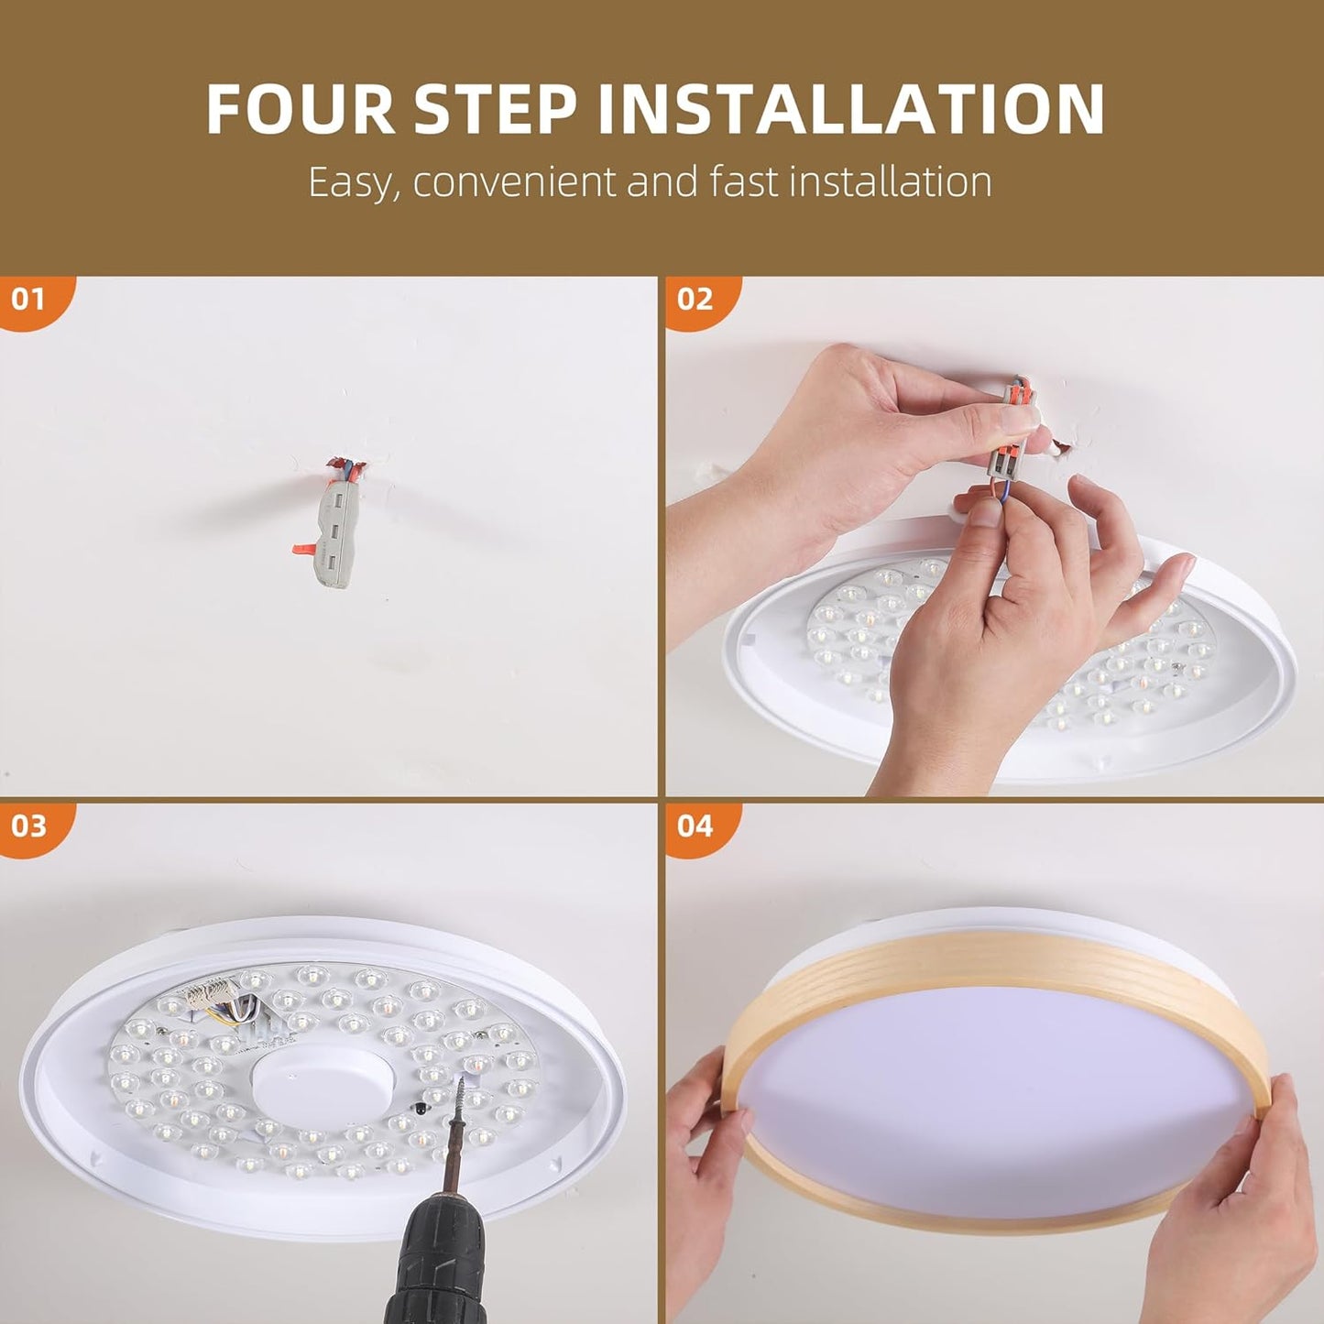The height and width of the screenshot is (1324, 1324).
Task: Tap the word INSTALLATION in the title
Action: tap(851, 110)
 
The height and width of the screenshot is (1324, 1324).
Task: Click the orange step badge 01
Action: tap(27, 299)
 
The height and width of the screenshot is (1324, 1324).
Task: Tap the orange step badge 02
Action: tap(695, 299)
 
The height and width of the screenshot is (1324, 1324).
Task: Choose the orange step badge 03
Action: tap(27, 826)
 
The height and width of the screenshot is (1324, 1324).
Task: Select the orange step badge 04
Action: tap(695, 826)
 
